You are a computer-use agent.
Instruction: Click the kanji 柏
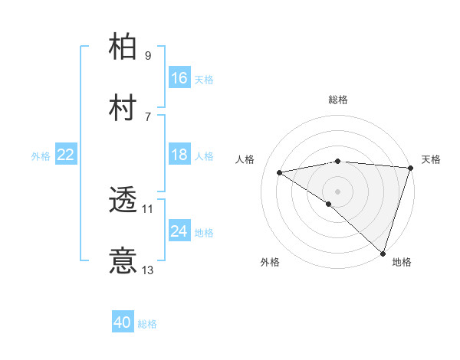pyautogui.click(x=123, y=49)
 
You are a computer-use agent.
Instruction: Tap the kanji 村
pyautogui.click(x=123, y=109)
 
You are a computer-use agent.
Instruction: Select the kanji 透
pyautogui.click(x=123, y=201)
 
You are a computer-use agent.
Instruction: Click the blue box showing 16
pyautogui.click(x=179, y=78)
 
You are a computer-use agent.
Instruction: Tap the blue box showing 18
pyautogui.click(x=179, y=155)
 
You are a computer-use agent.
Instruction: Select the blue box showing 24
pyautogui.click(x=179, y=231)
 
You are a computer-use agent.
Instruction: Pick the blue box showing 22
pyautogui.click(x=66, y=155)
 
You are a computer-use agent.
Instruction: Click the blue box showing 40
pyautogui.click(x=123, y=323)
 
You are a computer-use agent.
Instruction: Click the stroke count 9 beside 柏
pyautogui.click(x=147, y=55)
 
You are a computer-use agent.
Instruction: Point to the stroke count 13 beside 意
pyautogui.click(x=148, y=270)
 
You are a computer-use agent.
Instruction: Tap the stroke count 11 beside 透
pyautogui.click(x=148, y=208)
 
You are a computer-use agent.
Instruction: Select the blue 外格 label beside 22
pyautogui.click(x=41, y=155)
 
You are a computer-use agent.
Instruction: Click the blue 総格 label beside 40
pyautogui.click(x=147, y=324)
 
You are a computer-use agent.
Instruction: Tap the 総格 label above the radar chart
pyautogui.click(x=338, y=100)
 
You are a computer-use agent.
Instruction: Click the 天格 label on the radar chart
pyautogui.click(x=431, y=159)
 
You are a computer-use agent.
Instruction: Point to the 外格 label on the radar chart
pyautogui.click(x=269, y=262)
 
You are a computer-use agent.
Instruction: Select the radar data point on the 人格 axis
pyautogui.click(x=280, y=172)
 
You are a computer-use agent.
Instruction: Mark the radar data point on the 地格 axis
pyautogui.click(x=383, y=254)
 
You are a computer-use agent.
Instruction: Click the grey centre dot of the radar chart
pyautogui.click(x=337, y=191)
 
